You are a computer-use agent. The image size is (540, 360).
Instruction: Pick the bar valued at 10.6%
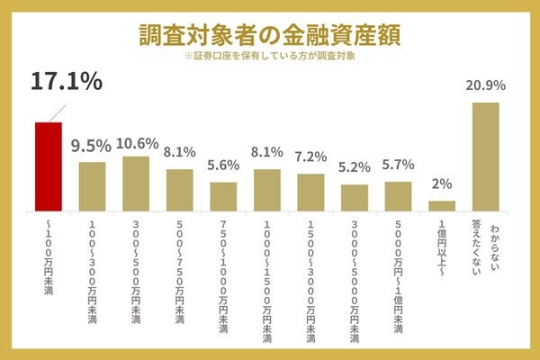click(136, 183)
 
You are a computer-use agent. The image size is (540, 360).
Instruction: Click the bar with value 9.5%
click(92, 185)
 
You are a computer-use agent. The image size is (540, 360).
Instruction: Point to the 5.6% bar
click(223, 195)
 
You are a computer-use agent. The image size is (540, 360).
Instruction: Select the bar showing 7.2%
click(310, 191)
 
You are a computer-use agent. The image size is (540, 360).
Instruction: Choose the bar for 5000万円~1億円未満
click(398, 194)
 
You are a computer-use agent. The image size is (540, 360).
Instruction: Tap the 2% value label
click(442, 184)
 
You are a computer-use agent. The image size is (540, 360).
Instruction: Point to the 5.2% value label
click(355, 167)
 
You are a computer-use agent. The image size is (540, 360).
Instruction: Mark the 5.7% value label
click(398, 165)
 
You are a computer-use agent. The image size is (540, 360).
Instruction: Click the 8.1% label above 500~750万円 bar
click(180, 152)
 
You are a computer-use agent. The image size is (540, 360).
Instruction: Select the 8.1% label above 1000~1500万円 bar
click(267, 152)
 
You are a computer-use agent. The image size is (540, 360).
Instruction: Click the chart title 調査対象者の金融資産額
click(270, 33)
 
